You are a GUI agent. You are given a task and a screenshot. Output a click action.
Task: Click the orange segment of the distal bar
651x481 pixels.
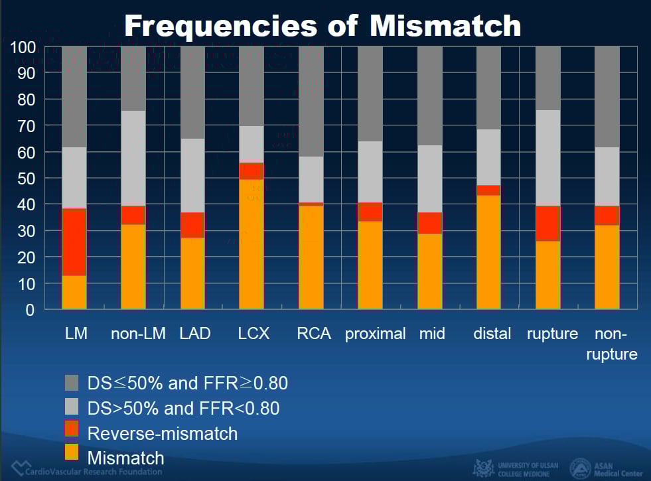pos(488,252)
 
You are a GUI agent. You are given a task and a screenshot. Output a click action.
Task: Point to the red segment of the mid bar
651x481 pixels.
pos(429,223)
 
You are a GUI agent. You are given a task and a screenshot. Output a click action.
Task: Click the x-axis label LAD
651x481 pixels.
pos(195,334)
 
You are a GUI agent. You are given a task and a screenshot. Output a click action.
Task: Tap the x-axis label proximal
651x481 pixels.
pos(375,334)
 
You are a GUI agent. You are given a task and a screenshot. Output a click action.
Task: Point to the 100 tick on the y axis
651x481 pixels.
pos(24,47)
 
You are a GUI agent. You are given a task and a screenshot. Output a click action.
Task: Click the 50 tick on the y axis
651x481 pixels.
pos(27,178)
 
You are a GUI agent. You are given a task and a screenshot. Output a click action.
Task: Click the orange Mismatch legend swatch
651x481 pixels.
pos(72,453)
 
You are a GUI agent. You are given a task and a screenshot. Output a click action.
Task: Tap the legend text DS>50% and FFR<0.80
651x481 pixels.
pos(183,408)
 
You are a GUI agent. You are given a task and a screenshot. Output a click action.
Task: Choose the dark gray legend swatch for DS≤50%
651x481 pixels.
pos(72,383)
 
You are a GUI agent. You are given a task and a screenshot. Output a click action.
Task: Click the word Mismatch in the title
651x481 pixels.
pos(445,25)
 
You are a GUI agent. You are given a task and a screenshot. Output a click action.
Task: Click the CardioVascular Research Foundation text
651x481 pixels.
pos(91,472)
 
